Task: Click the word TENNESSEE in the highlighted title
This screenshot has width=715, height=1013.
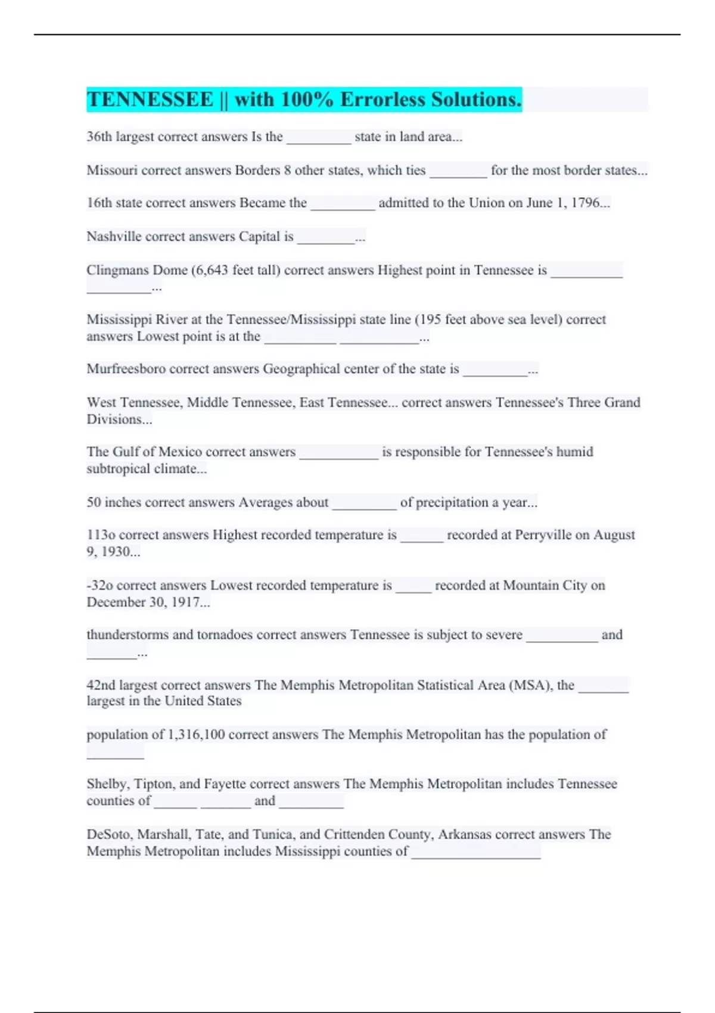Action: pos(150,100)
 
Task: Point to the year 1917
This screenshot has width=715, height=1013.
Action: pos(185,602)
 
